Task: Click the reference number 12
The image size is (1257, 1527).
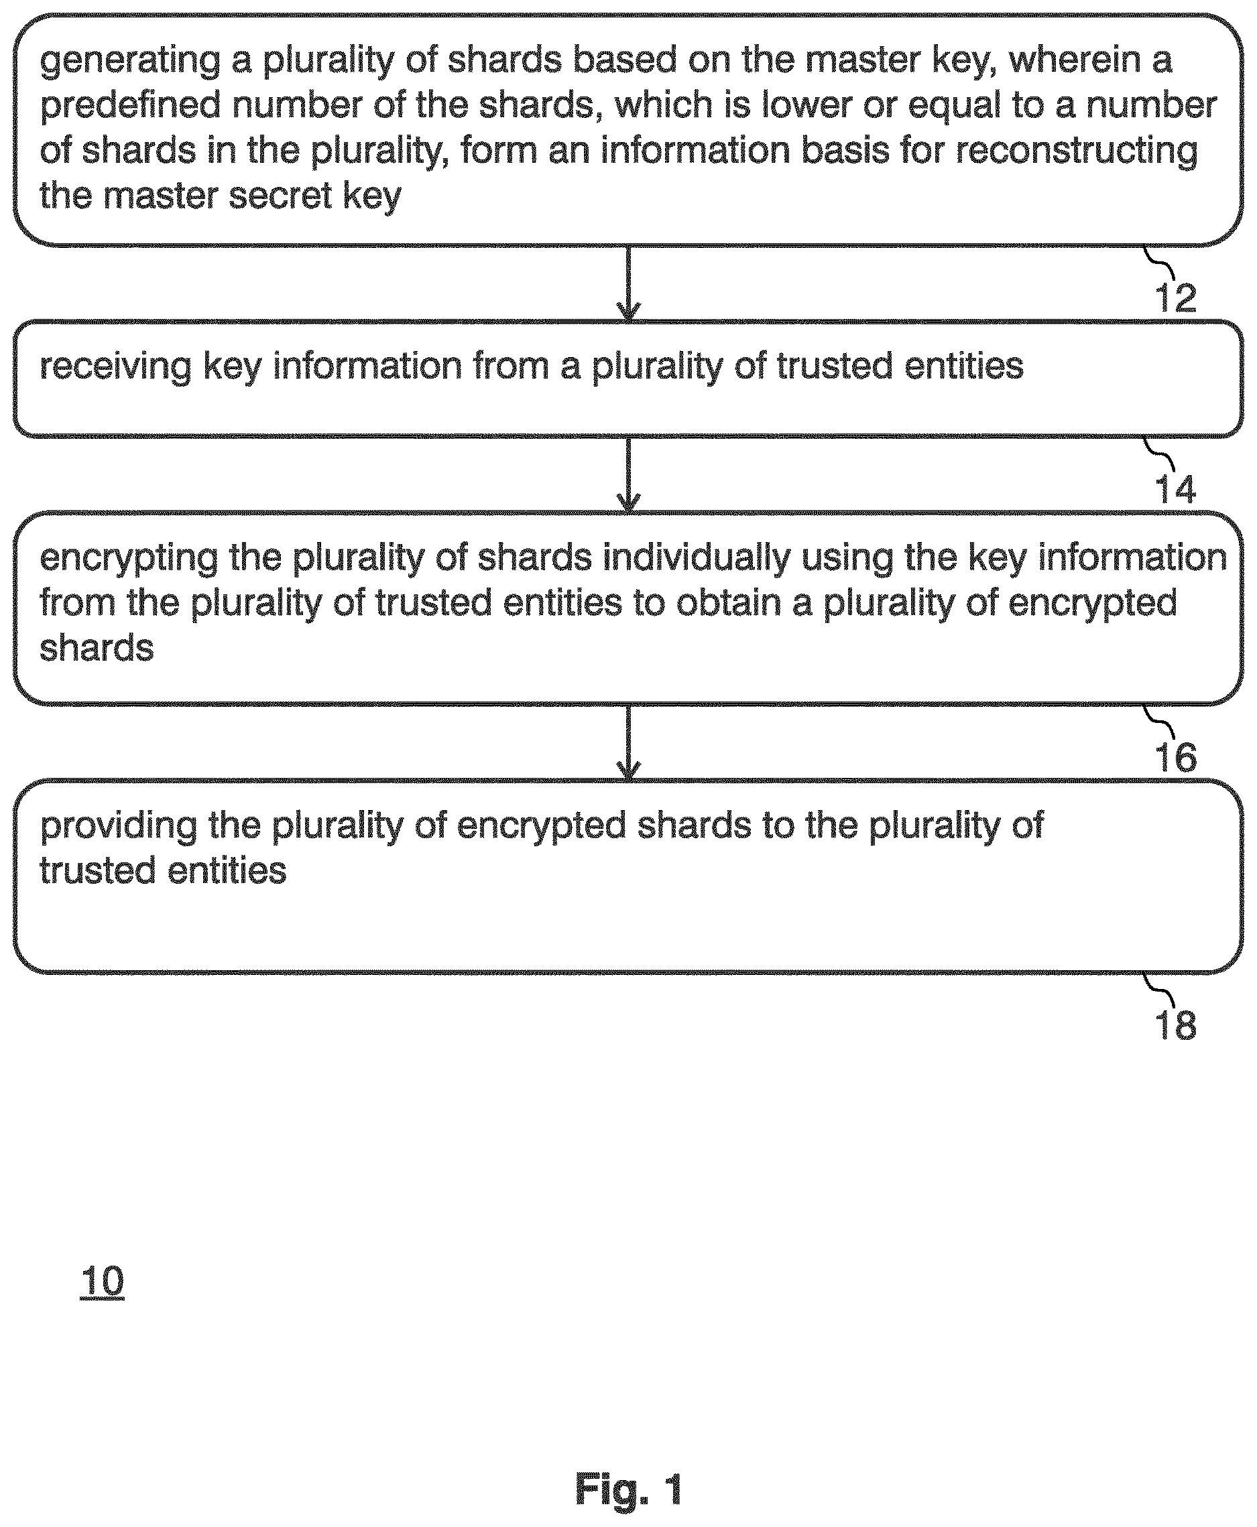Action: [1175, 297]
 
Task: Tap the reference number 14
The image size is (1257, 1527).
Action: [1175, 490]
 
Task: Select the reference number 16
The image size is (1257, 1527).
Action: [1175, 758]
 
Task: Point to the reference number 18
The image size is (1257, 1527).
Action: [1175, 1025]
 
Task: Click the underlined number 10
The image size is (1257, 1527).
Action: [102, 1282]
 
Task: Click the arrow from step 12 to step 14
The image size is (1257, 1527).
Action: [629, 283]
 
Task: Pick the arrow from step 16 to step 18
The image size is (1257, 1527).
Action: [629, 742]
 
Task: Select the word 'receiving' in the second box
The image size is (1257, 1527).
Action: [115, 367]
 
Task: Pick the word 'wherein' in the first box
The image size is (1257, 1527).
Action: [1069, 60]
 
